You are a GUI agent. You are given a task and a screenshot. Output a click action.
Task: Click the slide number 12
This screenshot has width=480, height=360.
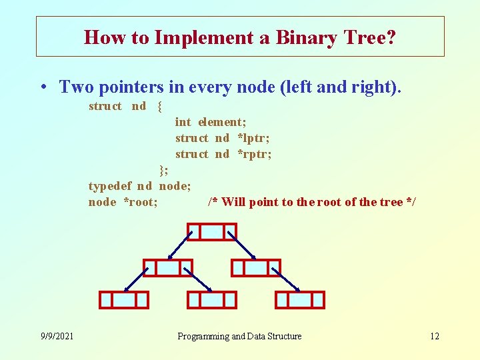point(434,336)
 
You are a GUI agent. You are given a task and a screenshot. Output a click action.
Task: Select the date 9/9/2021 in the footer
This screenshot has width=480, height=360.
point(57,336)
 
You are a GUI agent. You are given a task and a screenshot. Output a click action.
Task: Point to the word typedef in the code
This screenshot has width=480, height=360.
point(110,186)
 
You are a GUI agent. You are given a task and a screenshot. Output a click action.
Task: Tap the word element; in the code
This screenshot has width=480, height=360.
point(222,122)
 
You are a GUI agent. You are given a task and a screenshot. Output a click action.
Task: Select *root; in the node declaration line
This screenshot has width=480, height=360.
point(141,202)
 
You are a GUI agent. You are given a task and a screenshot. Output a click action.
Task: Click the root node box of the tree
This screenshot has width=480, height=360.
point(212,231)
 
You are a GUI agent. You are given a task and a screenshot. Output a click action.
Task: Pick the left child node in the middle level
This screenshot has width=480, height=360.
point(167,267)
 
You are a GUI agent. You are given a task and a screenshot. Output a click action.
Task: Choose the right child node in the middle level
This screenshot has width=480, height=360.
point(255,267)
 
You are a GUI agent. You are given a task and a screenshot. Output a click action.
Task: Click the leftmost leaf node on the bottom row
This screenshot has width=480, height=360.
point(123,300)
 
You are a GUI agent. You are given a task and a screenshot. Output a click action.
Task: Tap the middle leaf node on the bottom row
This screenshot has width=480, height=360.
point(211,300)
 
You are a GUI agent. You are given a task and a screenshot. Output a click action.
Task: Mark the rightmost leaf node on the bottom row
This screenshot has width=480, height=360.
point(299,300)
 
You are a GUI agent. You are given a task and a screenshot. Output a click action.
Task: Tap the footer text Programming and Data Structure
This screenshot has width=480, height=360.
point(239,336)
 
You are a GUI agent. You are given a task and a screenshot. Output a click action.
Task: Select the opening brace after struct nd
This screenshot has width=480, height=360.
point(160,106)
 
